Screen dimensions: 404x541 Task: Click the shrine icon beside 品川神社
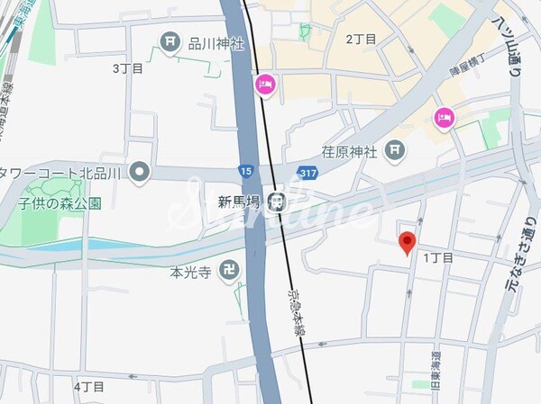[x=169, y=40]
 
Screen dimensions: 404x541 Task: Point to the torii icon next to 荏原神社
[x=394, y=149]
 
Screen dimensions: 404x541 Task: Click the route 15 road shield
[x=246, y=170]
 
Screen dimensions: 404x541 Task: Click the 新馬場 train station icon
[x=280, y=201]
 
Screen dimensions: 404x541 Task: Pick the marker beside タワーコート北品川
[x=139, y=171]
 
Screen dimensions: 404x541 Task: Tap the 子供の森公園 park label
[x=62, y=203]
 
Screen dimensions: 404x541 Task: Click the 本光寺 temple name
[x=190, y=271]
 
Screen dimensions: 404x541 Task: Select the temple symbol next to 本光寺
[x=230, y=271]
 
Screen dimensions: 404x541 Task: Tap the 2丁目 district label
[x=361, y=39]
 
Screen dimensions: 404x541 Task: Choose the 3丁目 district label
[x=127, y=68]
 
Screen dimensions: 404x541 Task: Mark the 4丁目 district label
[x=89, y=387]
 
